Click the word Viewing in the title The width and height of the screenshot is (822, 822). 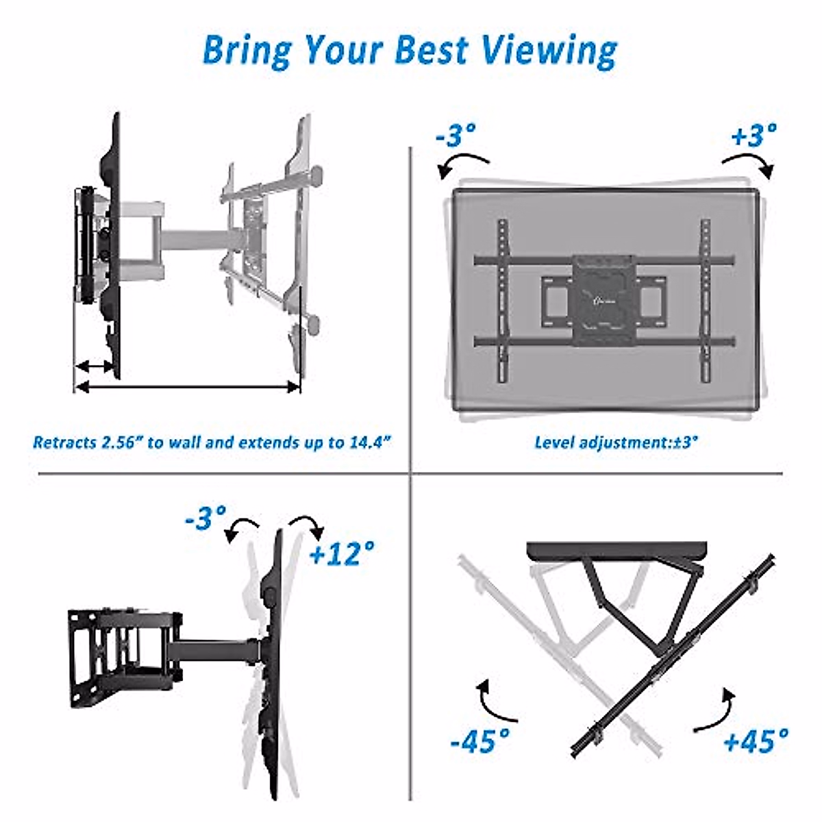pyautogui.click(x=547, y=51)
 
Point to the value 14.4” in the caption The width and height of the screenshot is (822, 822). pyautogui.click(x=370, y=442)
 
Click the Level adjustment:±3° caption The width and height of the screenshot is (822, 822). pyautogui.click(x=616, y=442)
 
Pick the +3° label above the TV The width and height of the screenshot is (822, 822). pyautogui.click(x=754, y=135)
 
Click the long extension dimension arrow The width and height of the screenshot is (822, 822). pyautogui.click(x=187, y=387)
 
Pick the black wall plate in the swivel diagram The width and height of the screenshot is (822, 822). pyautogui.click(x=616, y=551)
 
